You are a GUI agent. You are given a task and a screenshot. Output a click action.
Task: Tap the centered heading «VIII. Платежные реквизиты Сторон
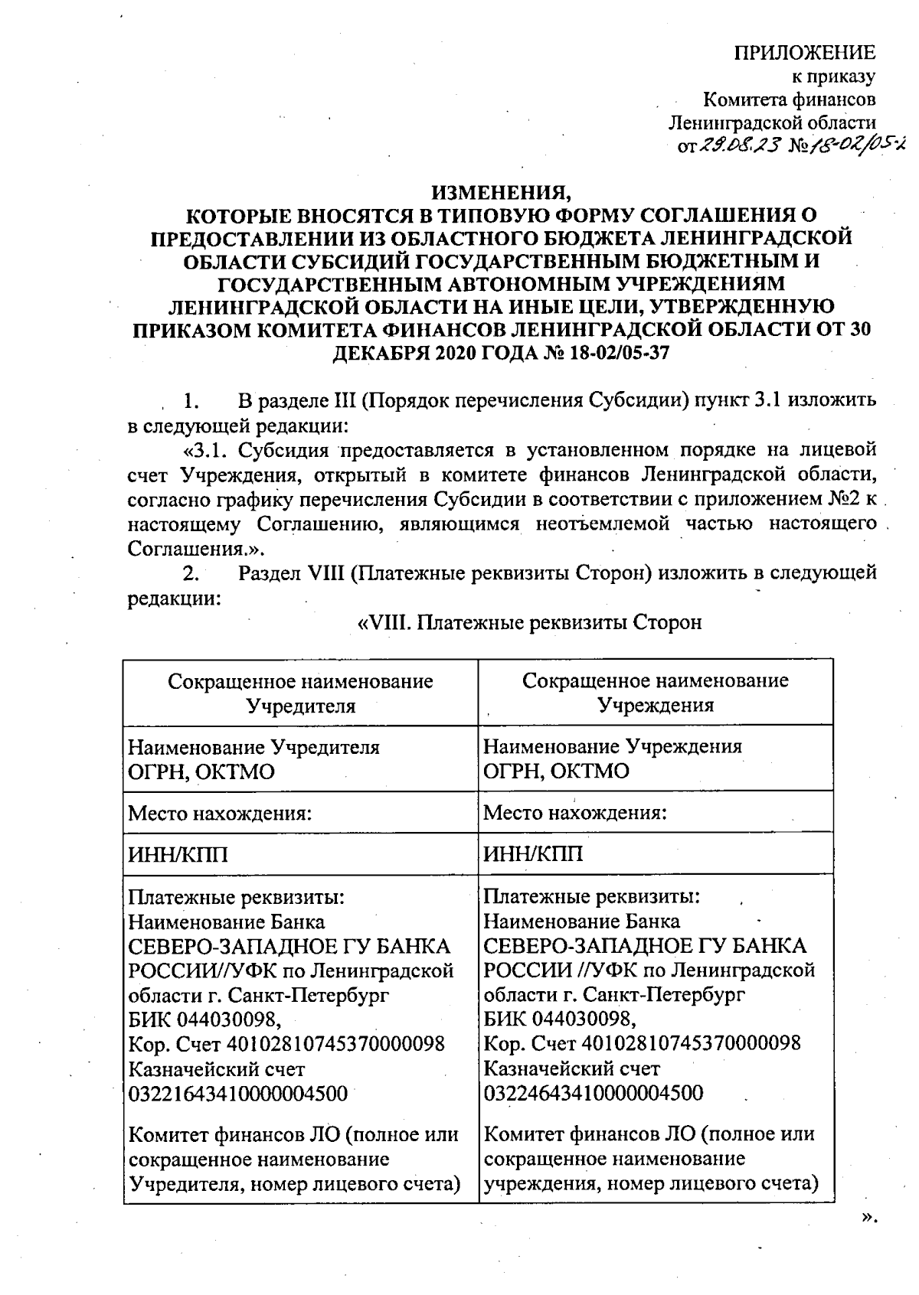[x=530, y=621]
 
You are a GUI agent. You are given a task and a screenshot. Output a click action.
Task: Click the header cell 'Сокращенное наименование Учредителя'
[x=300, y=693]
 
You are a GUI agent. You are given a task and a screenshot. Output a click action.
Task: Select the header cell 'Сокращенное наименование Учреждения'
[x=656, y=693]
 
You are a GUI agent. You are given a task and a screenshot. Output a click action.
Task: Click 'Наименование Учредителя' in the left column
[x=253, y=746]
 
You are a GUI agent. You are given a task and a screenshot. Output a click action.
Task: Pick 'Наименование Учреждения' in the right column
[x=613, y=746]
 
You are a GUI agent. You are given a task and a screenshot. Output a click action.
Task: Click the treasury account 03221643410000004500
[x=237, y=1092]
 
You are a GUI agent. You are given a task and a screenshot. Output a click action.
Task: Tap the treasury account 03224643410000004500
[x=594, y=1092]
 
